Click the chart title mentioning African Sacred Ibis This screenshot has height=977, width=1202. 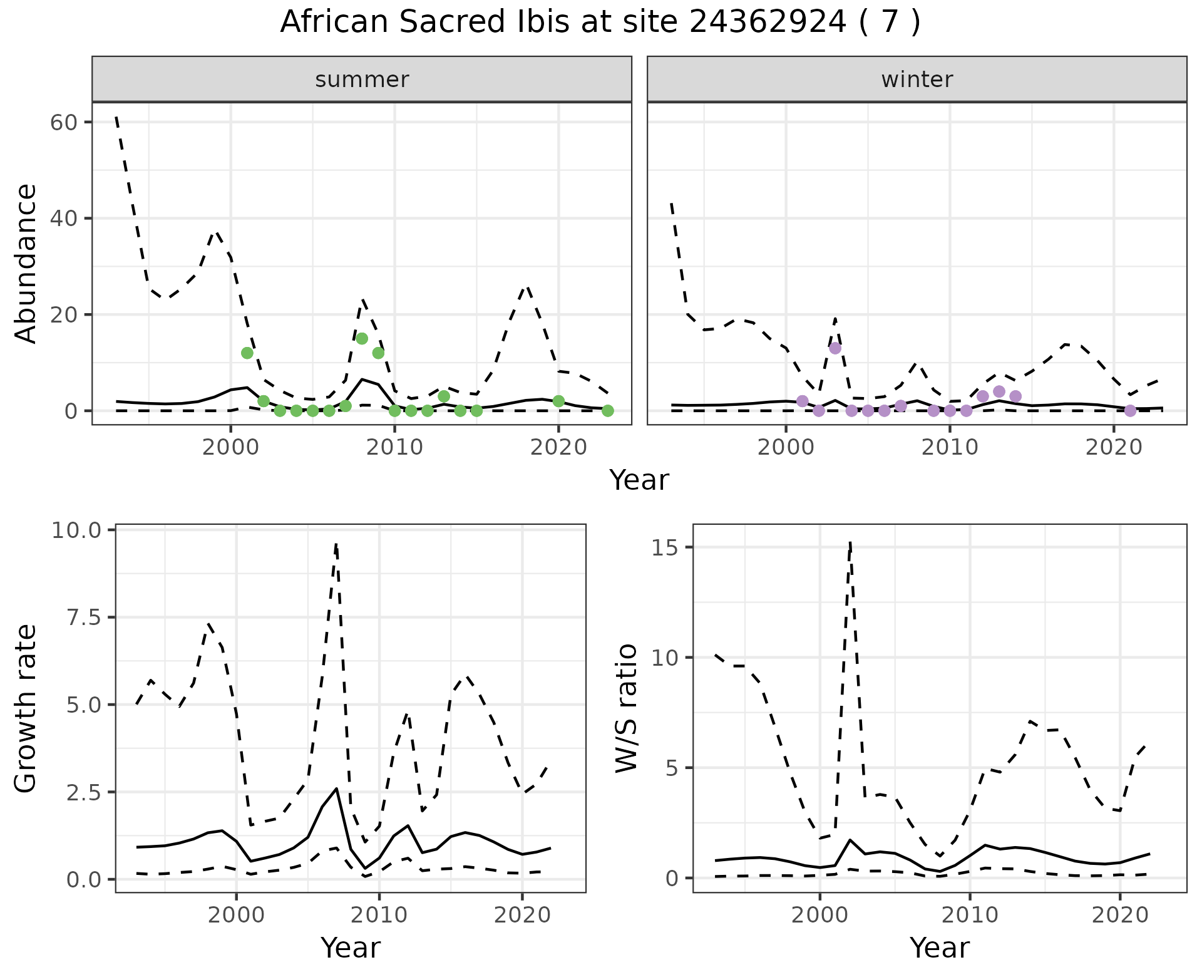click(x=600, y=23)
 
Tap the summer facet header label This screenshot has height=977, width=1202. click(x=362, y=80)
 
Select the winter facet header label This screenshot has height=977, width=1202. click(x=917, y=80)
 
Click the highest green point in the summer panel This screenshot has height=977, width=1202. click(x=362, y=339)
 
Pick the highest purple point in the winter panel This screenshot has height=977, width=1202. click(x=835, y=348)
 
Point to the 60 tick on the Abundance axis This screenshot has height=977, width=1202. click(x=63, y=122)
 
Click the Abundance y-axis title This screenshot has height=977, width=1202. click(x=26, y=263)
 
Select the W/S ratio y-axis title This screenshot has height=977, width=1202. click(x=626, y=708)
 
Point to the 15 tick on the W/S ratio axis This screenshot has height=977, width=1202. click(x=666, y=547)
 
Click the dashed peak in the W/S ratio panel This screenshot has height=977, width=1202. click(x=850, y=542)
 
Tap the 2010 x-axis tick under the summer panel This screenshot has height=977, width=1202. click(x=395, y=448)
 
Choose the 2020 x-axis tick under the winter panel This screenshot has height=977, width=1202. click(x=1114, y=448)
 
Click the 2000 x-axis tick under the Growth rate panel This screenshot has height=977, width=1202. click(x=236, y=915)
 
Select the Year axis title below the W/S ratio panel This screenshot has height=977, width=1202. click(x=939, y=948)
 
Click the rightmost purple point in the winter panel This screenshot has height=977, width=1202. click(x=1130, y=411)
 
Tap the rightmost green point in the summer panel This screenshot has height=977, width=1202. click(x=607, y=411)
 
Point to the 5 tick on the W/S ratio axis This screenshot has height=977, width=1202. click(x=672, y=768)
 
